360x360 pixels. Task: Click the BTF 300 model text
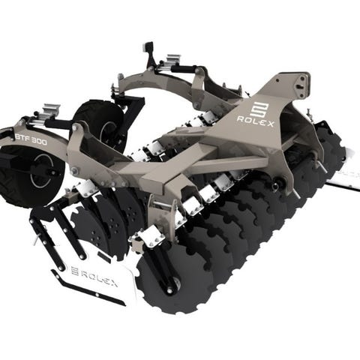point(31,139)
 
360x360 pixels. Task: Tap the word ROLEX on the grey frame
point(255,121)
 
